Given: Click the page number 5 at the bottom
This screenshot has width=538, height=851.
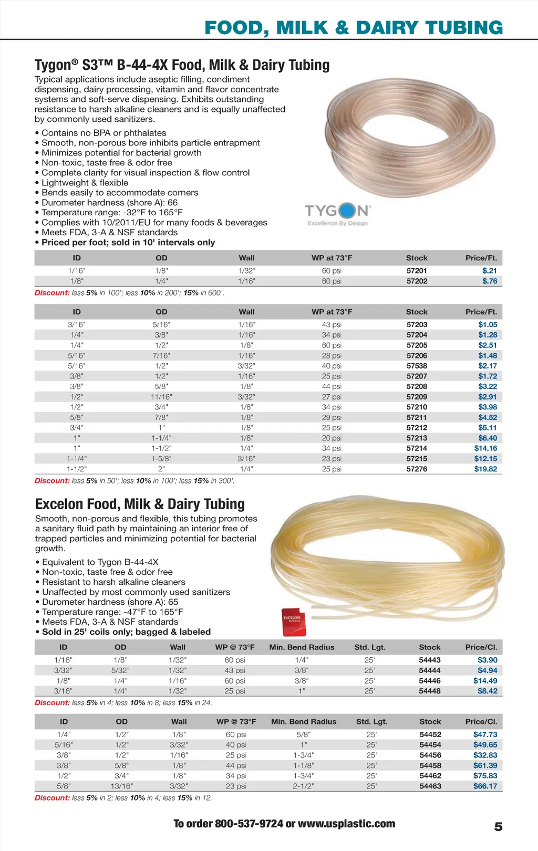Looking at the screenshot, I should tap(498, 826).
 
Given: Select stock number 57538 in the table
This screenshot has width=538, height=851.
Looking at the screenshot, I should tap(417, 366).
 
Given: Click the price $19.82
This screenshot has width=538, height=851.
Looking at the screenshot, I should tap(485, 469).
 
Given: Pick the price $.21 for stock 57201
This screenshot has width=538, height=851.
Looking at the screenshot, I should tap(489, 271).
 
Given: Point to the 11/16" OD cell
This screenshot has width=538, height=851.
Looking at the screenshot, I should tap(161, 397).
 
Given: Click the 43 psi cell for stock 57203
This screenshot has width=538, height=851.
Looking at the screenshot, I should tap(332, 324).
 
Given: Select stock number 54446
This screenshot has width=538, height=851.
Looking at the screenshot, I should tap(430, 680).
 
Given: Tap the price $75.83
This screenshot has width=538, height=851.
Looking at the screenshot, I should tap(485, 775).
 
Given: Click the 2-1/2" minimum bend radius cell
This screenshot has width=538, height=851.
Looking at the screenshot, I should tap(304, 786).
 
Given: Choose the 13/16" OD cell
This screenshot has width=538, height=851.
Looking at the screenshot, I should tap(121, 786).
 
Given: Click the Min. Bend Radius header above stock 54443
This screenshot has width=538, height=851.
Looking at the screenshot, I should tap(302, 647).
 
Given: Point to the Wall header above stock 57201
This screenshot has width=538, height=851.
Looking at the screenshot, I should tap(246, 258).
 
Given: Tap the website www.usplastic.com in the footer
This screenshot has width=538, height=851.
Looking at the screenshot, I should tap(346, 823).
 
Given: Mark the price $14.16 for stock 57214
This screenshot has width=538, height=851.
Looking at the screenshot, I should tap(485, 448).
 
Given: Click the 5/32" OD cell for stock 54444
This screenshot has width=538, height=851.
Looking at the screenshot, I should tap(120, 670).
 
